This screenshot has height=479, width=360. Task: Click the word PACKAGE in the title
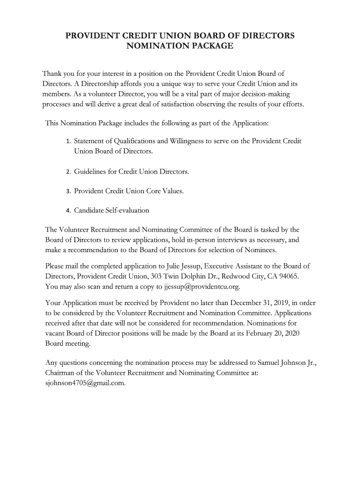pos(209,46)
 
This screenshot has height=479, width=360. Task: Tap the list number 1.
pos(68,141)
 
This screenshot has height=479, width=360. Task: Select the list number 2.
pos(68,172)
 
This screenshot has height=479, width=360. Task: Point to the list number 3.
pos(68,191)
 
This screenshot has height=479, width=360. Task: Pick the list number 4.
pos(68,210)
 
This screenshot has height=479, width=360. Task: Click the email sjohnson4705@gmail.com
pos(86,383)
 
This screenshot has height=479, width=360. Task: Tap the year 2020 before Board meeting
pos(290,333)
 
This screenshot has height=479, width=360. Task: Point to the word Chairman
pos(62,373)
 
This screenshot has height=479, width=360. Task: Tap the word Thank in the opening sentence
pos(53,74)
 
